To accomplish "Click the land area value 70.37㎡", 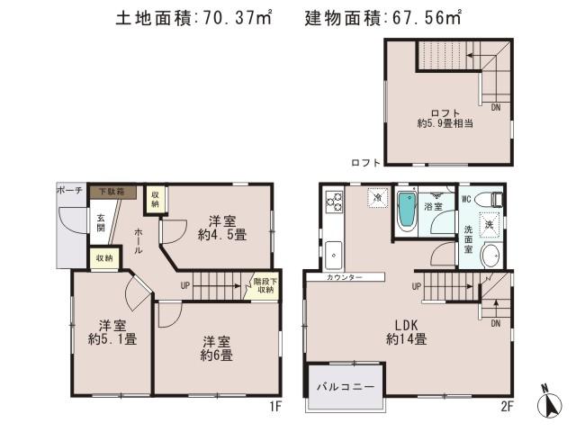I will pyautogui.click(x=233, y=17).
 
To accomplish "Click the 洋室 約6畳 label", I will pyautogui.click(x=217, y=348).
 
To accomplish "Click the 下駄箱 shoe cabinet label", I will pyautogui.click(x=112, y=192).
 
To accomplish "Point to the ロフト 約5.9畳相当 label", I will pyautogui.click(x=446, y=118).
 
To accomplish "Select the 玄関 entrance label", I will pyautogui.click(x=101, y=222).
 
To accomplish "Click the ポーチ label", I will pyautogui.click(x=69, y=191).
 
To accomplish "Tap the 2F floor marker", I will pyautogui.click(x=506, y=406).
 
